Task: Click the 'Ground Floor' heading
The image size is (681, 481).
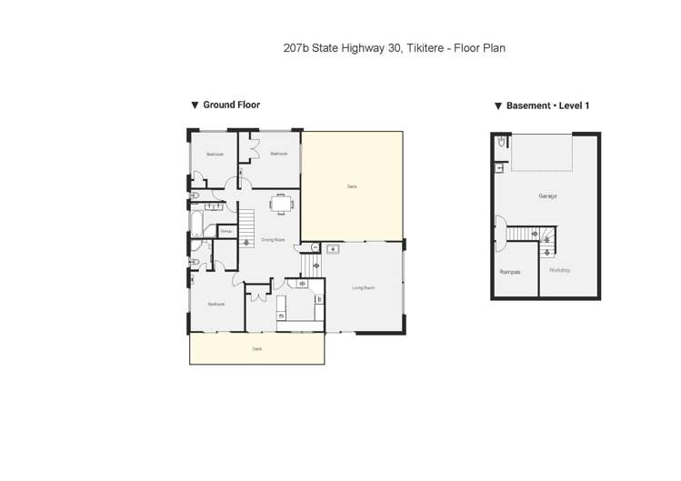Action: click(x=231, y=105)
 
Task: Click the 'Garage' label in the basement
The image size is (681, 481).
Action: click(x=546, y=196)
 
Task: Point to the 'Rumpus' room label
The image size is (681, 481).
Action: click(x=509, y=271)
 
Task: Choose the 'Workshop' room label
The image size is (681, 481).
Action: click(x=560, y=270)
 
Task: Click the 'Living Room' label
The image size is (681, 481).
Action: click(x=364, y=288)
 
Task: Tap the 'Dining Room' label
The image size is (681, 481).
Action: click(x=273, y=240)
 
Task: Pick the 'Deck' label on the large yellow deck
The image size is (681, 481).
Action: click(x=352, y=186)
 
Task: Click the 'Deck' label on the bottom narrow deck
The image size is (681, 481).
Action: click(x=256, y=348)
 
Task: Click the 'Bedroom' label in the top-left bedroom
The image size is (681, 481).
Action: click(x=215, y=154)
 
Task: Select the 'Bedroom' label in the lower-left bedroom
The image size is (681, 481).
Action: click(x=215, y=304)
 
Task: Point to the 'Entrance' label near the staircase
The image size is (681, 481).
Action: click(x=226, y=231)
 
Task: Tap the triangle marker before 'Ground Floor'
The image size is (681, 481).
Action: click(x=195, y=105)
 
